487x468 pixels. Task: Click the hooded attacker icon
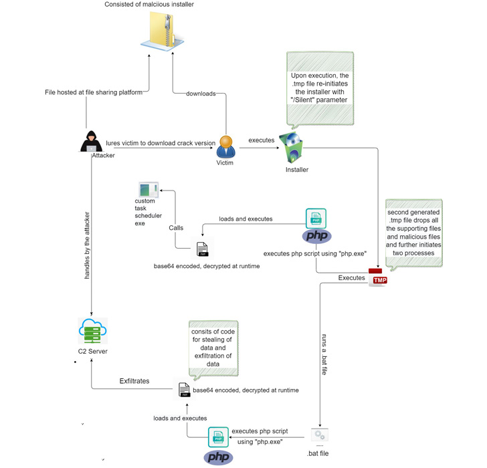point(92,142)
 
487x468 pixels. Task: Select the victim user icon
point(225,146)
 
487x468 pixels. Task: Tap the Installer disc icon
point(292,148)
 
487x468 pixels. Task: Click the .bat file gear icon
point(320,436)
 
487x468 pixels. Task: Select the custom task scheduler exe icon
point(149,190)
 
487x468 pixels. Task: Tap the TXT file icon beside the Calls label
point(202,249)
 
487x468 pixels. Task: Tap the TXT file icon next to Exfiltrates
point(184,390)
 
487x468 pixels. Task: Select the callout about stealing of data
point(213,347)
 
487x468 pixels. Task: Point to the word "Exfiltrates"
point(134,381)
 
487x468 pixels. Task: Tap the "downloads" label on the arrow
point(201,94)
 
